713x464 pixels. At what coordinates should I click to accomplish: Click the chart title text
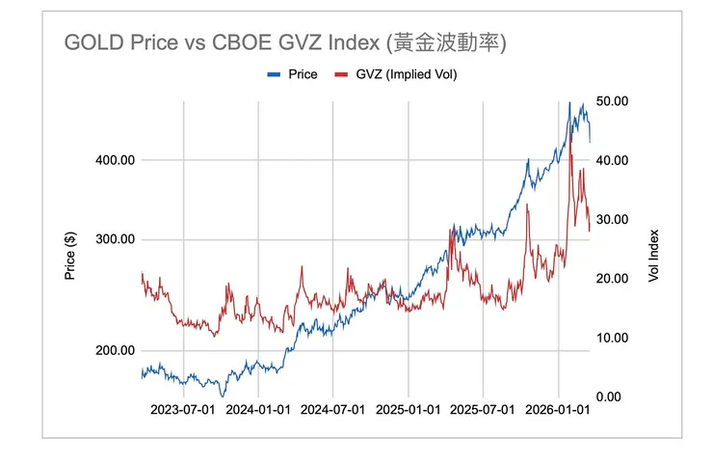pyautogui.click(x=285, y=43)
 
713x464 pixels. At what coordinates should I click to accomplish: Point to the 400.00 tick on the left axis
pyautogui.click(x=114, y=160)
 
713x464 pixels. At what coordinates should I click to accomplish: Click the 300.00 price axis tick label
pyautogui.click(x=114, y=240)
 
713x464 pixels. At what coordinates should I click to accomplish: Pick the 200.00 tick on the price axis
pyautogui.click(x=114, y=351)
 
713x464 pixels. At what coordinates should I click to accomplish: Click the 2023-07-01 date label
pyautogui.click(x=183, y=410)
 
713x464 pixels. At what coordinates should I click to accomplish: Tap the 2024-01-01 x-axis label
pyautogui.click(x=258, y=410)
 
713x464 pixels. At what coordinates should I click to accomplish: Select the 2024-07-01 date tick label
pyautogui.click(x=332, y=410)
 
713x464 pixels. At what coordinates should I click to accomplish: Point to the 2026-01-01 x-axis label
pyautogui.click(x=558, y=410)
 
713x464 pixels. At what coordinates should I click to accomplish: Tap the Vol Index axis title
pyautogui.click(x=654, y=255)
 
